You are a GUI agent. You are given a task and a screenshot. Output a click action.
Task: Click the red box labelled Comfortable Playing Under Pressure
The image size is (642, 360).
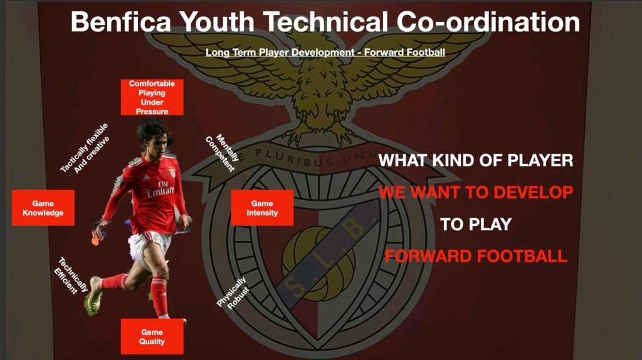[152, 97]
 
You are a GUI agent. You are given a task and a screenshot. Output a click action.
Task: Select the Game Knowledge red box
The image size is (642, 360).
[43, 208]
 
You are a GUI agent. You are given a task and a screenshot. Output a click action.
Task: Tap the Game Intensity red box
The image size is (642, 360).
[262, 208]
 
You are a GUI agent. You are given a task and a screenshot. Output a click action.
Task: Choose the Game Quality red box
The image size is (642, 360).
[152, 337]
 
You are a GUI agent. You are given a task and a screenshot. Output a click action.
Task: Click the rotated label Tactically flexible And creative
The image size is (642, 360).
[85, 148]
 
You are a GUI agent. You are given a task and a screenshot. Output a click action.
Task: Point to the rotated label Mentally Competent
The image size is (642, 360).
[221, 152]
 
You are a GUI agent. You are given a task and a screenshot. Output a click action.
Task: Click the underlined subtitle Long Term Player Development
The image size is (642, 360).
[280, 53]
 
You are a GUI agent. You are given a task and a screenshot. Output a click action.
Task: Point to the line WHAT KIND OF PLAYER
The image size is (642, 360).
[476, 161]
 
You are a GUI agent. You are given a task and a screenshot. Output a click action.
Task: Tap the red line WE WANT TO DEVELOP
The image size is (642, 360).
[476, 192]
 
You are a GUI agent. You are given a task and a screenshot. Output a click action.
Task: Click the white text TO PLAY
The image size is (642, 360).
[476, 225]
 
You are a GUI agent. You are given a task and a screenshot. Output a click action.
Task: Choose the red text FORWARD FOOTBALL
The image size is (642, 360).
[476, 257]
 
